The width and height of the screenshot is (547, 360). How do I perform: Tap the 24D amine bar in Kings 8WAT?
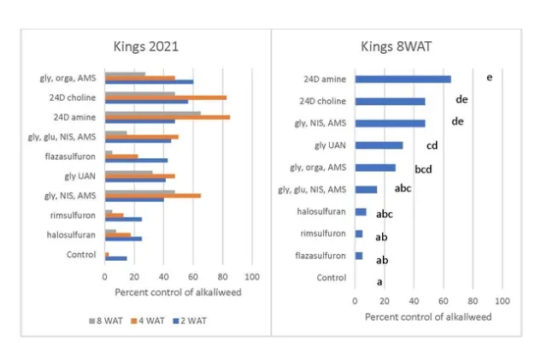[403, 80]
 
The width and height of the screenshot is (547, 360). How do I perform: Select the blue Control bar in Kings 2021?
[115, 258]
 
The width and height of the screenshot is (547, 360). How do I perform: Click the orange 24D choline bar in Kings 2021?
[165, 97]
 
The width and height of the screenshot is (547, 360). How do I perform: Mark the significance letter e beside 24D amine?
[488, 78]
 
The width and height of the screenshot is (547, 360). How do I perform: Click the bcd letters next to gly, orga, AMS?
[423, 168]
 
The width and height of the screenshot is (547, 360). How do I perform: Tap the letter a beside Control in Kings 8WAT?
[379, 281]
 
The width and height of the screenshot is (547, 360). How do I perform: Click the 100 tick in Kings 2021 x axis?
[252, 278]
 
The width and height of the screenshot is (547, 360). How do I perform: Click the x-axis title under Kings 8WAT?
[428, 316]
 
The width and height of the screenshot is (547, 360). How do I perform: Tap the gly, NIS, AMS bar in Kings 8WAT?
[390, 123]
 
